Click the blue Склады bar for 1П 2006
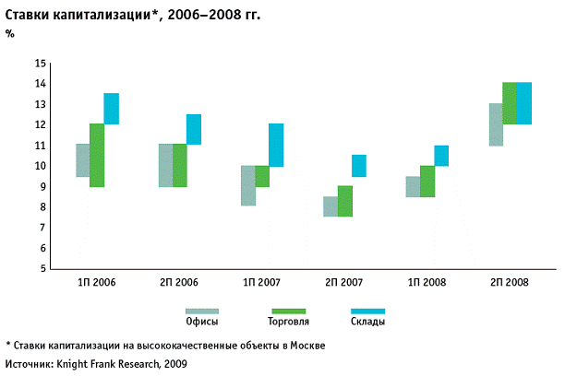click(111, 109)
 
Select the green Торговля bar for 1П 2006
click(97, 155)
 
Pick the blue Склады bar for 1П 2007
click(276, 145)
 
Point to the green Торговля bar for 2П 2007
click(344, 201)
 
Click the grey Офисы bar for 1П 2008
click(413, 186)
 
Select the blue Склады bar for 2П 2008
click(523, 103)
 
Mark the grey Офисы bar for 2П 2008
click(496, 124)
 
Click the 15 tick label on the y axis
click(40, 64)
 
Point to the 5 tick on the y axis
click(42, 268)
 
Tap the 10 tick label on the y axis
click(40, 166)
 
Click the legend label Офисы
click(201, 323)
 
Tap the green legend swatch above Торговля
click(285, 311)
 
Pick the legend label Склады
click(367, 323)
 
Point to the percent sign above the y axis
click(9, 33)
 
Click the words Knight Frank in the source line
click(88, 364)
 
